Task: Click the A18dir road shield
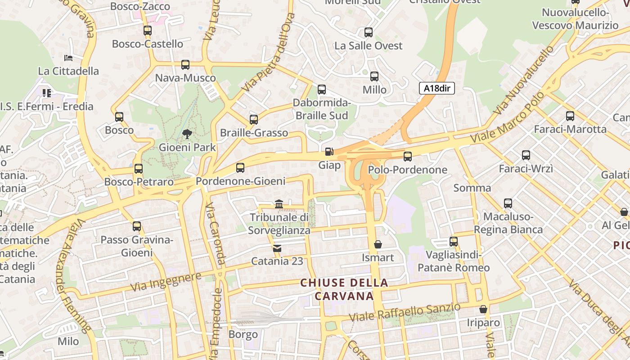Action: pyautogui.click(x=437, y=88)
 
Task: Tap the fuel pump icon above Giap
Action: pyautogui.click(x=329, y=152)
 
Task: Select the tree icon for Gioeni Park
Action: pyautogui.click(x=187, y=134)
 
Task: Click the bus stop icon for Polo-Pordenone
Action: pyautogui.click(x=408, y=157)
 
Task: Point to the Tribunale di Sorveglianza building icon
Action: pyautogui.click(x=279, y=204)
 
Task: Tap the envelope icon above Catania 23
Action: pyautogui.click(x=277, y=248)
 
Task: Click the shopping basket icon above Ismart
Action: pyautogui.click(x=378, y=244)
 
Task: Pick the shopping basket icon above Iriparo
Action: pyautogui.click(x=483, y=309)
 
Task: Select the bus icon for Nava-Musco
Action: pyautogui.click(x=185, y=65)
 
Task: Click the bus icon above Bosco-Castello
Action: pyautogui.click(x=148, y=31)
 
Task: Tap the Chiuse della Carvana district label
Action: pyautogui.click(x=344, y=289)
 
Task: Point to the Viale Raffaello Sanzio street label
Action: pyautogui.click(x=405, y=312)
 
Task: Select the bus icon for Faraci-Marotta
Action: pyautogui.click(x=570, y=116)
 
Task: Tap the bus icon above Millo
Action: pyautogui.click(x=374, y=76)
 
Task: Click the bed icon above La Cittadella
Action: pyautogui.click(x=68, y=58)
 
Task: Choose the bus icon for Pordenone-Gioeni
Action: pyautogui.click(x=240, y=168)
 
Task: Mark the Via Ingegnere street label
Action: pyautogui.click(x=165, y=281)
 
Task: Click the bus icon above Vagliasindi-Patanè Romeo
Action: pyautogui.click(x=454, y=242)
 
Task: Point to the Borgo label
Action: pyautogui.click(x=243, y=334)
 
